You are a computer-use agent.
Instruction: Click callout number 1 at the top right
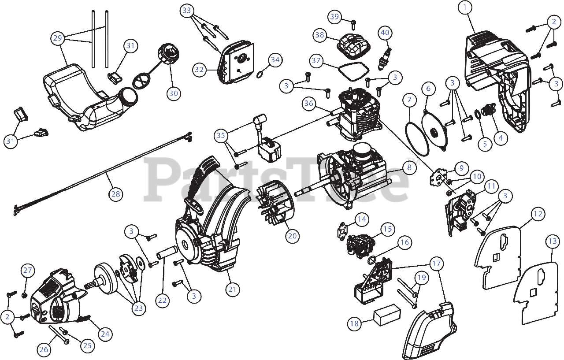465,7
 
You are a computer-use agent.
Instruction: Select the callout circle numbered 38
319,35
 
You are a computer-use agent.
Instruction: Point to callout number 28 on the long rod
116,194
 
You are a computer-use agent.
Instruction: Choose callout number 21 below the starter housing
233,289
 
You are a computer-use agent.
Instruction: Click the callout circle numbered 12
538,215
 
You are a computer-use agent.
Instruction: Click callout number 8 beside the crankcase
409,167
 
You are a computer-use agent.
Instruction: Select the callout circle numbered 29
58,38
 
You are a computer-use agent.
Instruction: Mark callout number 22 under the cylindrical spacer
163,300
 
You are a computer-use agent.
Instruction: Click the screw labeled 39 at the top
353,22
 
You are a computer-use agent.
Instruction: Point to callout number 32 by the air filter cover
200,69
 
